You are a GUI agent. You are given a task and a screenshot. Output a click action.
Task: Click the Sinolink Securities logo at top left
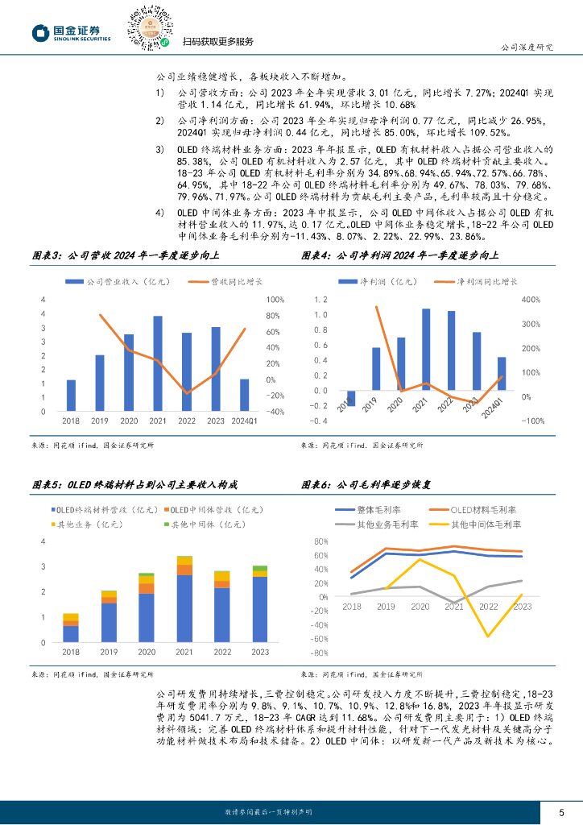click(70, 32)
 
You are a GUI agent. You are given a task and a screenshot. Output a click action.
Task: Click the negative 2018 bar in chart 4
click(351, 397)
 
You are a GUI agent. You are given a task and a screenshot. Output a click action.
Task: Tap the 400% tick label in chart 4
click(531, 300)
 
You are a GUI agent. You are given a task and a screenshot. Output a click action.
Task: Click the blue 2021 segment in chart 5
click(184, 608)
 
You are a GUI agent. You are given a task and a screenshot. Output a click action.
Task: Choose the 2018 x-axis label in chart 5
click(71, 652)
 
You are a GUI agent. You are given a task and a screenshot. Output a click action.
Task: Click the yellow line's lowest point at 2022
click(487, 636)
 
